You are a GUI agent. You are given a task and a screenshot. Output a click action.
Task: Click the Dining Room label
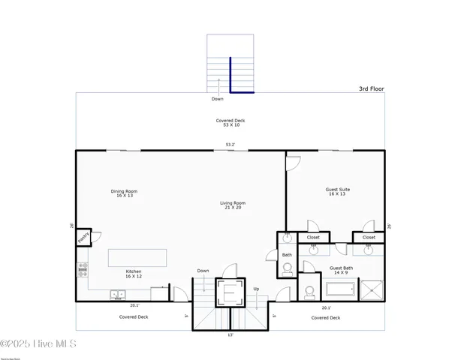coord(124,193)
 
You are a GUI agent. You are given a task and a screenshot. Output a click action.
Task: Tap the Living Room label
coord(233,205)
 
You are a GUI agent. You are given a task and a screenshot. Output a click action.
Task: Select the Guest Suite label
coord(337,192)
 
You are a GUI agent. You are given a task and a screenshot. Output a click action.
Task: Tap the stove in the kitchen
coord(82,269)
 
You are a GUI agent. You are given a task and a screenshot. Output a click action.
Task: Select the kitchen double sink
coord(117,294)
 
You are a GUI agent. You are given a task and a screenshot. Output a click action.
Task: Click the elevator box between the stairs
coord(230,292)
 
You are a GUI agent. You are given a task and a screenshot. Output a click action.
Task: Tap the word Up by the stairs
coord(256,289)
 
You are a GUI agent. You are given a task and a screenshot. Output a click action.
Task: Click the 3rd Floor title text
coord(371,88)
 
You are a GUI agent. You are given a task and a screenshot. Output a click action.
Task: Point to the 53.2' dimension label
coord(230,145)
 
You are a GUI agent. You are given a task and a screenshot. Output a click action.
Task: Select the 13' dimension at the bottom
coord(230,335)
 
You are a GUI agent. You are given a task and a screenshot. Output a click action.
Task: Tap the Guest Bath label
coord(342,270)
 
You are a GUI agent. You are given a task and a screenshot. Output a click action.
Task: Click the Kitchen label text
coord(133,274)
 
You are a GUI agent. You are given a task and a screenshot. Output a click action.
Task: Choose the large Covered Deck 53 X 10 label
coord(230,123)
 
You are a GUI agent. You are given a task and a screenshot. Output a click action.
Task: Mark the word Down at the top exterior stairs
coord(217,98)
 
